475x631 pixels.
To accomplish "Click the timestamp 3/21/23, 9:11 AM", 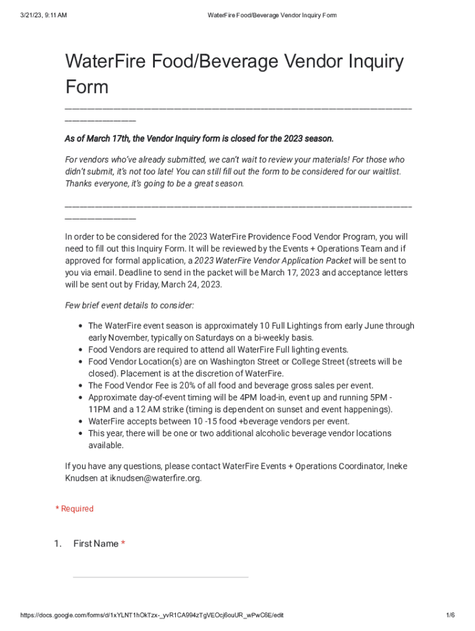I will click(x=43, y=15).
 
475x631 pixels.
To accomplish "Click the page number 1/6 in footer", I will click(x=450, y=616).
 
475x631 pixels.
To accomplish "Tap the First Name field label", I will click(x=96, y=543).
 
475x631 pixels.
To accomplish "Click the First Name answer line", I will click(x=160, y=577).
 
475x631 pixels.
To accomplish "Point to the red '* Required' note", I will click(x=75, y=508).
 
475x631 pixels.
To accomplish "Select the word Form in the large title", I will click(x=87, y=87).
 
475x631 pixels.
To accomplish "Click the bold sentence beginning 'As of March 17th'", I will click(x=199, y=139).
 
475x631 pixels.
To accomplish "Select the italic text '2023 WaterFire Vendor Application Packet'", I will click(x=273, y=261).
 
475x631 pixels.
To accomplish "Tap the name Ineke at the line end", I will click(x=397, y=466).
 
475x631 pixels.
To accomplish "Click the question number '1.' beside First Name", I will click(x=57, y=543).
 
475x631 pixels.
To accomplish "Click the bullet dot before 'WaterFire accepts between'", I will click(x=81, y=422).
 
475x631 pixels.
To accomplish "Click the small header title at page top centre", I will click(x=272, y=15).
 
